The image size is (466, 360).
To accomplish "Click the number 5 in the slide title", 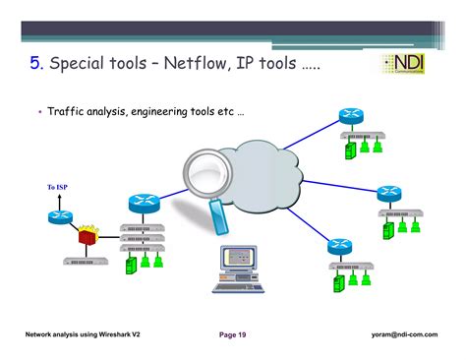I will click(x=36, y=66).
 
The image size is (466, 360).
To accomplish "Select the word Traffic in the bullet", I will click(x=67, y=114).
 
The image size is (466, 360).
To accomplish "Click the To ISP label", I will click(x=59, y=187).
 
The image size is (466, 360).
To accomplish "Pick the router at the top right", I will click(x=351, y=115).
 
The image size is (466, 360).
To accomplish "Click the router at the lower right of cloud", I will click(x=341, y=247).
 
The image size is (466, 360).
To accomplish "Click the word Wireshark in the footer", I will click(x=126, y=335).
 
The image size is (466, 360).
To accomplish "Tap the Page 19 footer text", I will click(x=232, y=335).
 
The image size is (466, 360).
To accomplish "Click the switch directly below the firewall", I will click(x=86, y=262).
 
